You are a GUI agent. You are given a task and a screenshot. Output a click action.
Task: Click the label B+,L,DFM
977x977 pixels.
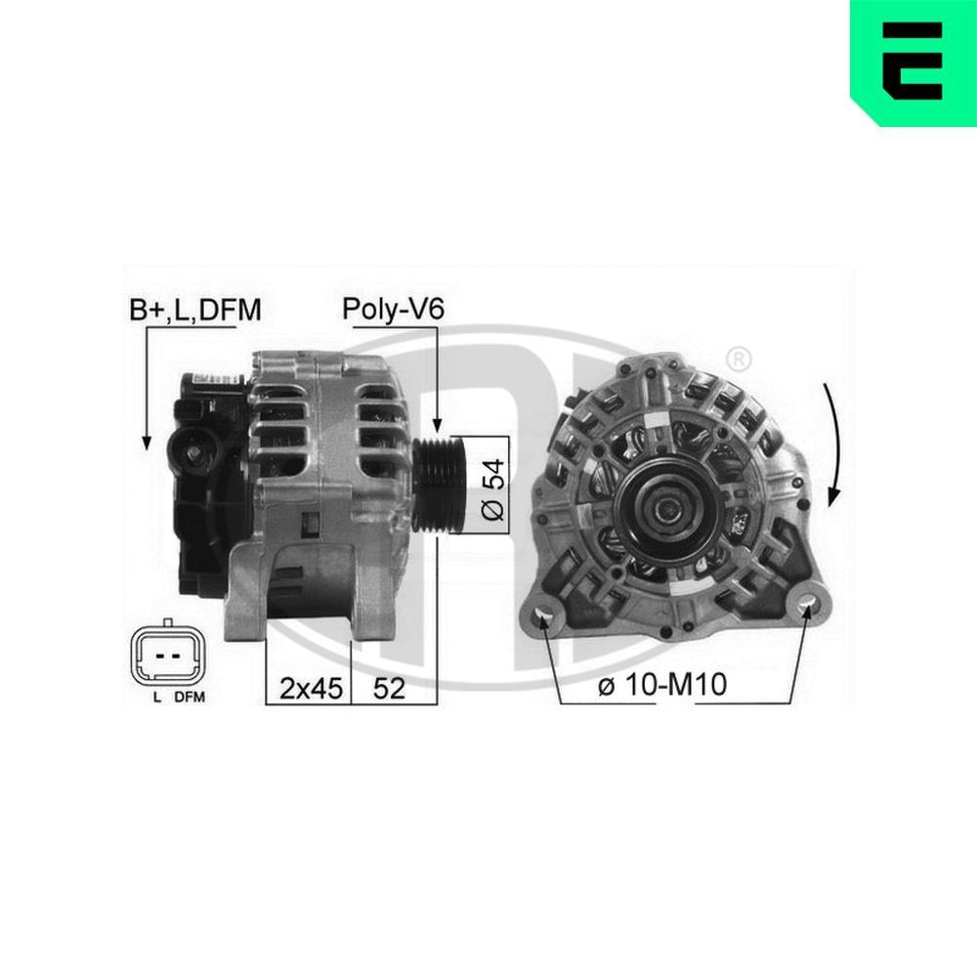click(x=195, y=311)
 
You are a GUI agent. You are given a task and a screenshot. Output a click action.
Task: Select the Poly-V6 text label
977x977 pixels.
click(x=393, y=311)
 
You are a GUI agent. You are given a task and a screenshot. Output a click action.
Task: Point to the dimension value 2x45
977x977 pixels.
click(x=311, y=689)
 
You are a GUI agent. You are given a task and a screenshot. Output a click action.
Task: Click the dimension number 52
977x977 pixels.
click(x=390, y=689)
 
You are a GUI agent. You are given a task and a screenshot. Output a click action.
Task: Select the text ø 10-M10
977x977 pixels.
click(x=661, y=686)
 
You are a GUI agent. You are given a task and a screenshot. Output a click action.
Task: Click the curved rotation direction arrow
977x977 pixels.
click(x=831, y=445)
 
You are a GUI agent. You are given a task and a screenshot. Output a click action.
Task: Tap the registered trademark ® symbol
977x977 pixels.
click(x=740, y=357)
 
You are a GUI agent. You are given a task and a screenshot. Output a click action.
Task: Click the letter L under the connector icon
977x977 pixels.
click(x=156, y=698)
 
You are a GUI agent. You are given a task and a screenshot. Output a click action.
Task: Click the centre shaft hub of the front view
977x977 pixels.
click(x=666, y=505)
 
